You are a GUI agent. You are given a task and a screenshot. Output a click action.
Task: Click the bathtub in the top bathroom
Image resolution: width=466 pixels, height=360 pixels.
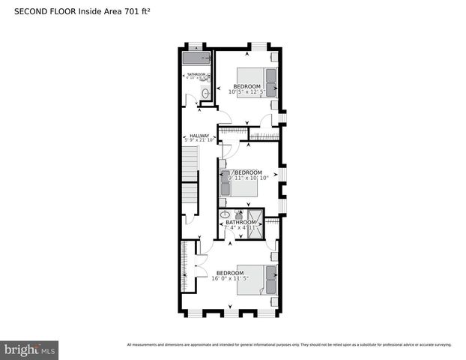(x=196, y=58)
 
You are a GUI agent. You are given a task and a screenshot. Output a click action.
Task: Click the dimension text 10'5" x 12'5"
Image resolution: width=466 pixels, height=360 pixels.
(x=247, y=92)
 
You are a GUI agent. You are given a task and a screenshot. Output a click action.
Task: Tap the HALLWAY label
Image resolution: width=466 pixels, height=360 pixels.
(x=199, y=136)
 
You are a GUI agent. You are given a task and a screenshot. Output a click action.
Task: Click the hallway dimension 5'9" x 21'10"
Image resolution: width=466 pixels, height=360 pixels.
(x=199, y=141)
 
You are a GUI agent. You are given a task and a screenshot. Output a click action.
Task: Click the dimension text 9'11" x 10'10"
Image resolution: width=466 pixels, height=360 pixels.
(x=248, y=178)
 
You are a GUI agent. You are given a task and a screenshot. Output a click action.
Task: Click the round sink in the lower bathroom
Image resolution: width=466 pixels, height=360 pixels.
(x=224, y=214)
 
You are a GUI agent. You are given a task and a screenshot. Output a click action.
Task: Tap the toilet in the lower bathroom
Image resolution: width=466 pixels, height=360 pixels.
(x=238, y=216)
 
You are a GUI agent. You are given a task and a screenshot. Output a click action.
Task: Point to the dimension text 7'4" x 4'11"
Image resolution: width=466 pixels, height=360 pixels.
(x=241, y=227)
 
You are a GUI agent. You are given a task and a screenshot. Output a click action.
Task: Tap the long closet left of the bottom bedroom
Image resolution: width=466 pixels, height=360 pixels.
(x=184, y=268)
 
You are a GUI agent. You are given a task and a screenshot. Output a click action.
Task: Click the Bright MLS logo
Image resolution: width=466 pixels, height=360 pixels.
(x=30, y=349)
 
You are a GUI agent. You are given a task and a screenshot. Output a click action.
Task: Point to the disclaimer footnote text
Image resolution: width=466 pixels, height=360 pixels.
(x=289, y=345)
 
